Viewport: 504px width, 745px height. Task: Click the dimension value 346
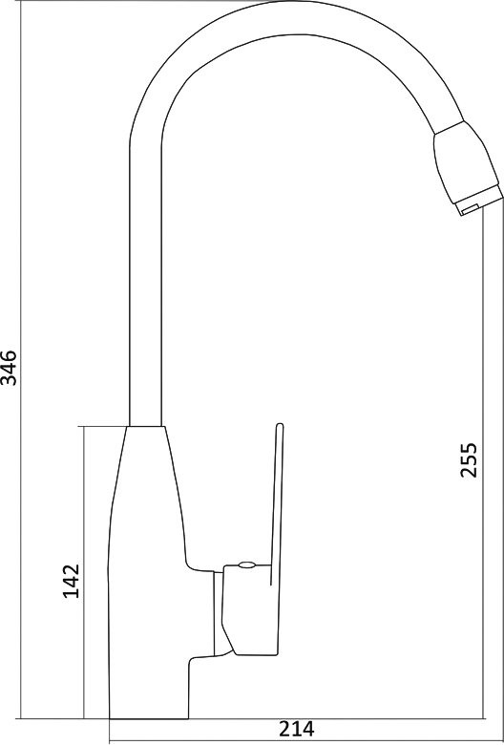click(x=9, y=368)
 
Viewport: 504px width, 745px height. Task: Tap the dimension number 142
click(x=72, y=581)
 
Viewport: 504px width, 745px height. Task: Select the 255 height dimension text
click(x=469, y=459)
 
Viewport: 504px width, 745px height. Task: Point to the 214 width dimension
click(x=296, y=729)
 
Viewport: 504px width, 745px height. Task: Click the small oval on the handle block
click(x=246, y=564)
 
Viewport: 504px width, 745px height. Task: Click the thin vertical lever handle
click(x=277, y=503)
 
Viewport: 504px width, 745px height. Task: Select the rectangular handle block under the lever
click(x=250, y=610)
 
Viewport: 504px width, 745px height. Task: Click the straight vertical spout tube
click(x=145, y=285)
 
